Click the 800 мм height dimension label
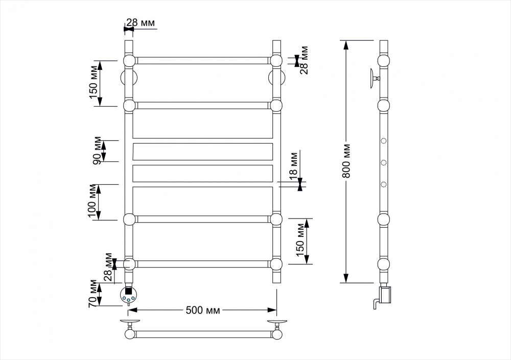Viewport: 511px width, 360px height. [x=346, y=161]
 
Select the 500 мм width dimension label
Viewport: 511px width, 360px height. [x=203, y=310]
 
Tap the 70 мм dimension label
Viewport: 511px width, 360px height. [x=93, y=293]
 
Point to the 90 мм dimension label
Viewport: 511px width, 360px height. [x=97, y=150]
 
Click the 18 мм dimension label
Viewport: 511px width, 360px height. [x=293, y=165]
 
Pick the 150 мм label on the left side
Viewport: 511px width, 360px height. [x=93, y=82]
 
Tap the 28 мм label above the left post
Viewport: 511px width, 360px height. [x=141, y=23]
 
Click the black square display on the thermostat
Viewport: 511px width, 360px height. [x=128, y=291]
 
